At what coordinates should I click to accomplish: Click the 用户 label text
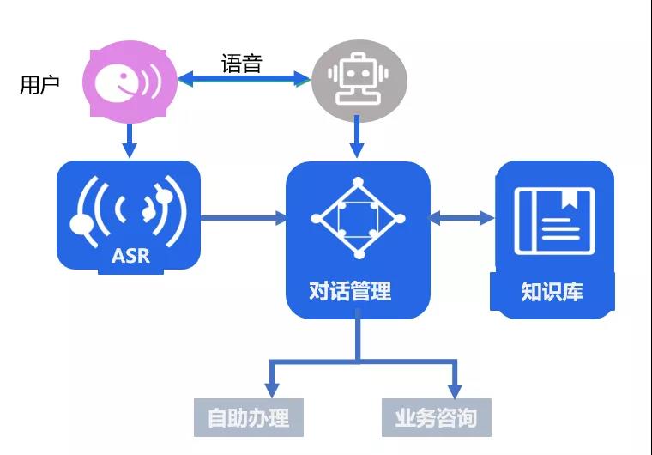[39, 85]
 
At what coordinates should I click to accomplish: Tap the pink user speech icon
[129, 81]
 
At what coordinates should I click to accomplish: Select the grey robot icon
[359, 80]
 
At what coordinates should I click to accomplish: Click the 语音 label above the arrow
[241, 63]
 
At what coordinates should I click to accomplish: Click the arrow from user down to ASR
[129, 137]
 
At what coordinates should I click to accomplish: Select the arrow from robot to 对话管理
[359, 137]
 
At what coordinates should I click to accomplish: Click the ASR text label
[130, 256]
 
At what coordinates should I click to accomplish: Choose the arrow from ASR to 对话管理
[244, 218]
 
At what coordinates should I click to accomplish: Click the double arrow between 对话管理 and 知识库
[462, 218]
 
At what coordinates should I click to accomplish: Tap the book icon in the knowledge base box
[553, 221]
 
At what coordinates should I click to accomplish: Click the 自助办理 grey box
[248, 418]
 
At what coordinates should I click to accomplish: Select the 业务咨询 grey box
[436, 418]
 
